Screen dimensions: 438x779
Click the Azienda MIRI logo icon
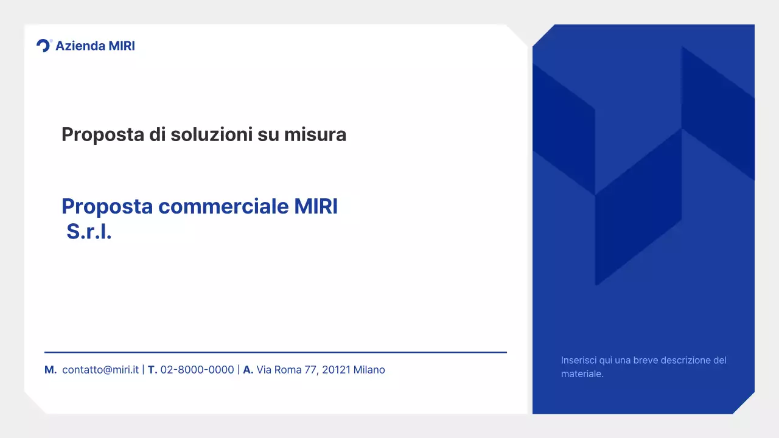(x=44, y=46)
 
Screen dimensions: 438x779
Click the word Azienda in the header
(x=80, y=46)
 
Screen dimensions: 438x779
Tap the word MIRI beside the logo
(x=121, y=46)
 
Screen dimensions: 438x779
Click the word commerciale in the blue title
(x=223, y=207)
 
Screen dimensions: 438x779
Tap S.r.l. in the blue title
(x=89, y=232)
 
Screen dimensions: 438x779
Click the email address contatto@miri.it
(x=100, y=370)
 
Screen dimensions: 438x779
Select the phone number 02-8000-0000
(x=197, y=370)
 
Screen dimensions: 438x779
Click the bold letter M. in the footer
(x=51, y=370)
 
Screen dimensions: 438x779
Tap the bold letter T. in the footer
(x=153, y=370)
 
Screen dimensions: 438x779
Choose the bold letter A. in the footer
(x=248, y=370)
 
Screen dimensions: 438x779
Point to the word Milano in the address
(x=369, y=370)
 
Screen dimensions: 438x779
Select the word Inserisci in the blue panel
(x=579, y=360)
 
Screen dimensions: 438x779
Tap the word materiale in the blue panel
(x=581, y=374)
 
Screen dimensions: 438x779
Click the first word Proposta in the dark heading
(x=103, y=134)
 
